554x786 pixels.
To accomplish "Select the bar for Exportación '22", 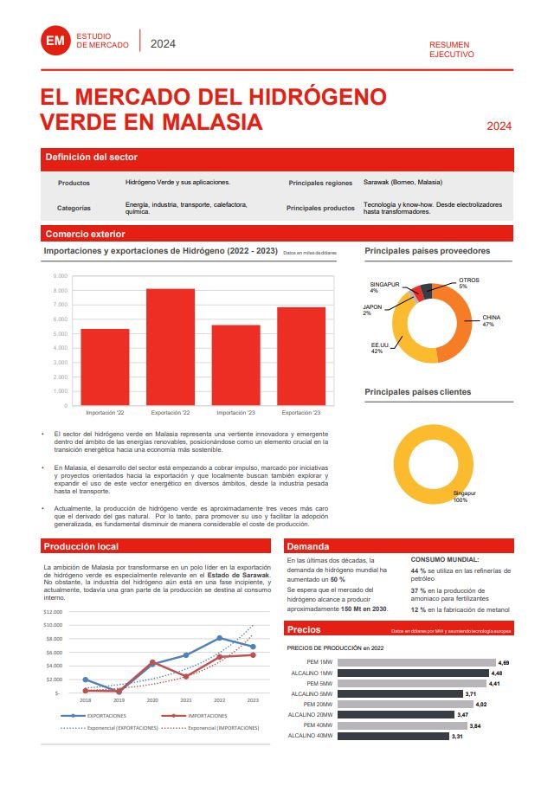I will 171,346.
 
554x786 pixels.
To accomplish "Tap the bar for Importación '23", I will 235,364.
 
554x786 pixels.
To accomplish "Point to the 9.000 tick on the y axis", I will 61,276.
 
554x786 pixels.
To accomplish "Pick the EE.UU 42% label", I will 377,348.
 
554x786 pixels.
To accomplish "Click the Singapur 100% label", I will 461,496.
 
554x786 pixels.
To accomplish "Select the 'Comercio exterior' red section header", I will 85,234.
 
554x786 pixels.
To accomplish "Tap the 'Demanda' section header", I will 308,546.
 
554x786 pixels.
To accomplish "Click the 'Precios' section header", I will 304,629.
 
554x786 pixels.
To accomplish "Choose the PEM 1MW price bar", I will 416,662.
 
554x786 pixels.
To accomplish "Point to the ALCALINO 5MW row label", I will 312,693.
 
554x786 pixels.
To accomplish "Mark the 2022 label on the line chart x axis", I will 220,699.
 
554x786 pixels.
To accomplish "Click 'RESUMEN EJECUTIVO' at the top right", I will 452,49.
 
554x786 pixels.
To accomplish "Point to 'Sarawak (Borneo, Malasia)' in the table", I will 403,183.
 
